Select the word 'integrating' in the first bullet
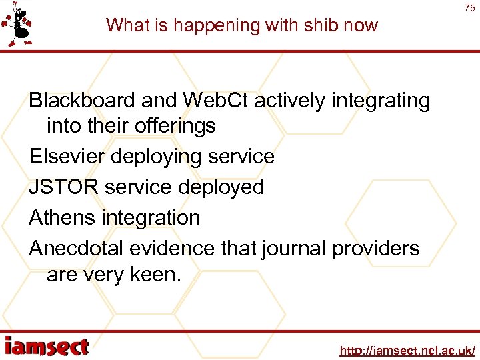pos(378,101)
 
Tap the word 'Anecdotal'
pos(76,249)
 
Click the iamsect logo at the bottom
pos(46,346)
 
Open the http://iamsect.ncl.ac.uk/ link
pos(407,350)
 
